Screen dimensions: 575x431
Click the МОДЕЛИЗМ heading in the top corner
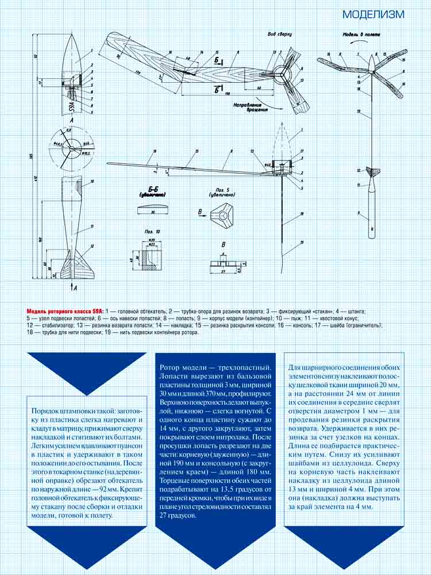(374, 14)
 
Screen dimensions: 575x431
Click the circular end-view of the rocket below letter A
(72, 149)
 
